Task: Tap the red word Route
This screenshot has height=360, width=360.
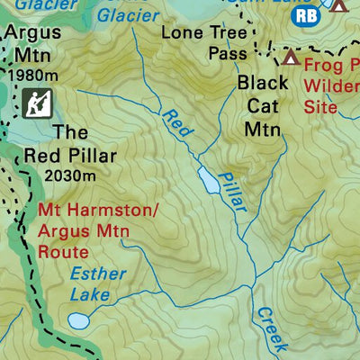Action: [63, 252]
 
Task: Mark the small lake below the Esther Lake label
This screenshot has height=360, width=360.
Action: [79, 320]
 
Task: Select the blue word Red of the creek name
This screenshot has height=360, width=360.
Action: [177, 123]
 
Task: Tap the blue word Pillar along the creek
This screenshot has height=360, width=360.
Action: [231, 192]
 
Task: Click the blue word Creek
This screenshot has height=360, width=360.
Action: [270, 328]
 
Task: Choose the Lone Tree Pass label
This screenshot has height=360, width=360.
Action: [202, 42]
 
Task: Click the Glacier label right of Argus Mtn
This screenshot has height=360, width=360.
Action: [125, 13]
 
